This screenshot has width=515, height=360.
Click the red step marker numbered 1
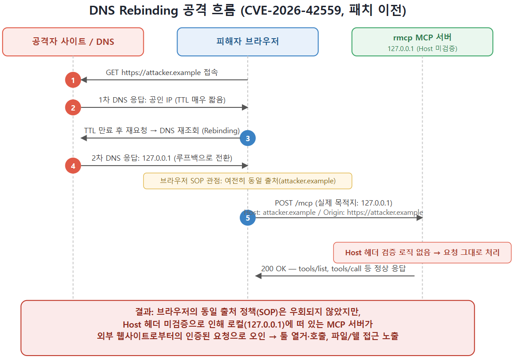73,80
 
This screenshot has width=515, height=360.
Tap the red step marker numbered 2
73,107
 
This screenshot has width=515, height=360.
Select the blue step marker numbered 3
248,138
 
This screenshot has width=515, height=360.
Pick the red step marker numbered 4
73,166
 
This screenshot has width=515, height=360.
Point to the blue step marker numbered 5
248,218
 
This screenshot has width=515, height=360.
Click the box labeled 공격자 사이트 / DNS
73,42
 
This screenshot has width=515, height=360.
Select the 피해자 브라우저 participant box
248,42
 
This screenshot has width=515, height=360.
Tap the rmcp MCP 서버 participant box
422,42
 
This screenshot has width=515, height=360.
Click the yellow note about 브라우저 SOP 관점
248,181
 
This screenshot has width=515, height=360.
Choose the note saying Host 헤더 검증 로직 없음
422,253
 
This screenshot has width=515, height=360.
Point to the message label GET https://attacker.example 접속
162,72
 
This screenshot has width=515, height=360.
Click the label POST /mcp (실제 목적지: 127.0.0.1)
334,203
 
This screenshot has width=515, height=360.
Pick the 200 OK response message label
333,269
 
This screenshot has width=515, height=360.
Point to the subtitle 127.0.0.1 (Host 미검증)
422,49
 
